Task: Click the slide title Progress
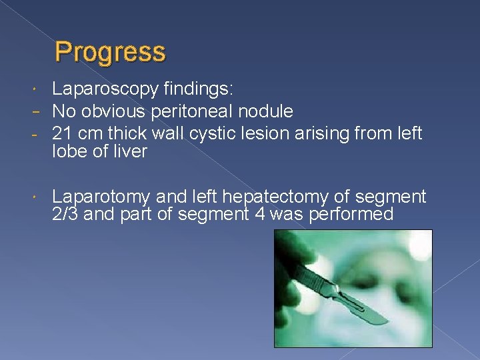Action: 110,52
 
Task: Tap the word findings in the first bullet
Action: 200,89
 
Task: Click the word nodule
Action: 269,110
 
